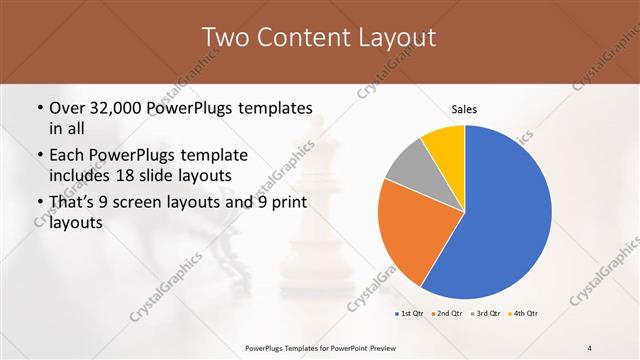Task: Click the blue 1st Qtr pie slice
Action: click(500, 220)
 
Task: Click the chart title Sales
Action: click(465, 107)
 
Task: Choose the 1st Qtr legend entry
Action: click(411, 314)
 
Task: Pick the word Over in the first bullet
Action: click(69, 108)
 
